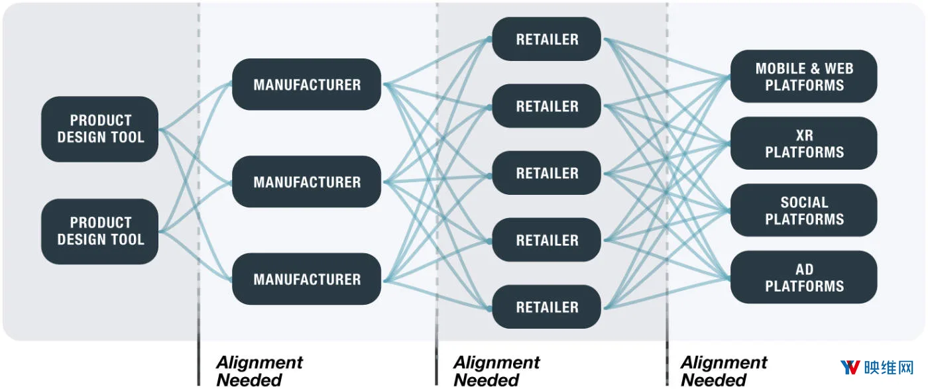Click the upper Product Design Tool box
click(x=99, y=129)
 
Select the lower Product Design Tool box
click(x=99, y=231)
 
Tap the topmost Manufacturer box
click(x=306, y=84)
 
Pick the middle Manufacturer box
click(x=306, y=182)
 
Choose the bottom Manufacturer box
click(x=306, y=279)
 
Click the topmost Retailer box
click(x=546, y=39)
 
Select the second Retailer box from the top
click(x=546, y=106)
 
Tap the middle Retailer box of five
click(x=546, y=173)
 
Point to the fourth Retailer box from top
click(x=546, y=240)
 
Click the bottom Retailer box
click(x=546, y=307)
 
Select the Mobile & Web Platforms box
click(x=803, y=76)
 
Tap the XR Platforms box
click(x=803, y=143)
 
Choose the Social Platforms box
click(x=803, y=210)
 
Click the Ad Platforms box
click(x=803, y=277)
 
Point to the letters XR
click(x=805, y=135)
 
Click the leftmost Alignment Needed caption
click(x=259, y=371)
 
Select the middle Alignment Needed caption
click(x=496, y=371)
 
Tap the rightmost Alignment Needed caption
click(x=724, y=371)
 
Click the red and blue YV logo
click(x=850, y=367)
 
